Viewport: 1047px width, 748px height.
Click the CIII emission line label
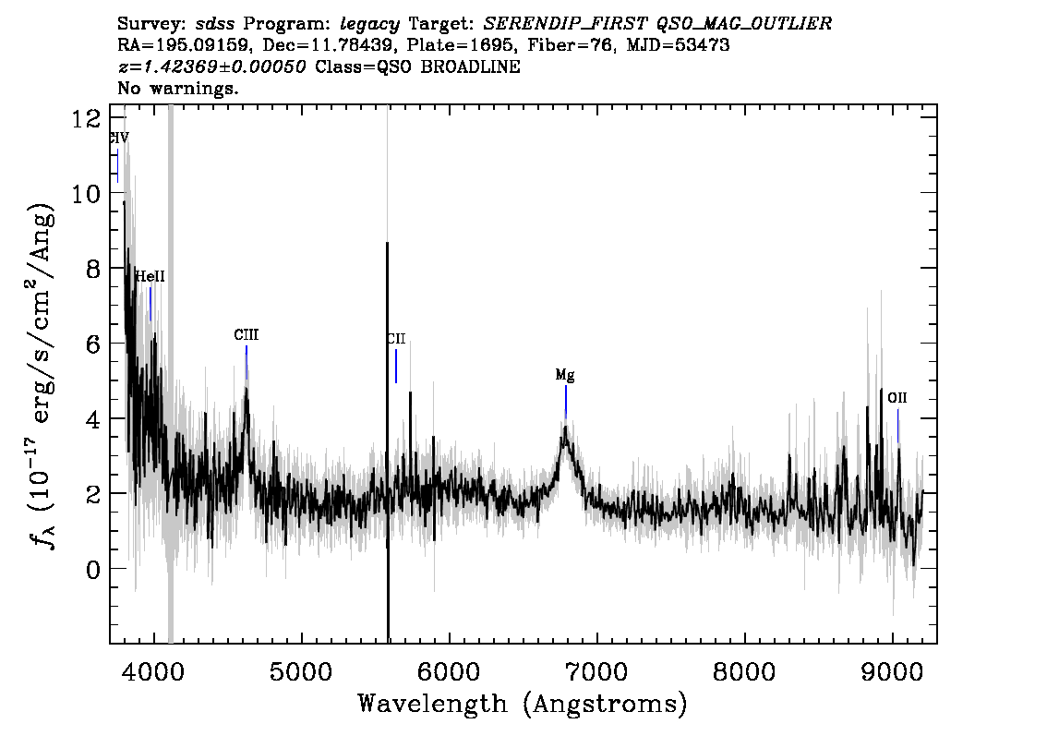pos(246,334)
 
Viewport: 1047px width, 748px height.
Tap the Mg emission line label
pos(565,375)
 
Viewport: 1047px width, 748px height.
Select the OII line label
pos(897,397)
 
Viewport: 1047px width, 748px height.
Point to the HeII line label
pos(150,276)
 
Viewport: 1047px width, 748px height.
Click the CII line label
pos(396,339)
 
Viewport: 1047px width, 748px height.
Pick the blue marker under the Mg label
pos(566,402)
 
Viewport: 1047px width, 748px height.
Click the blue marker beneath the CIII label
pos(247,362)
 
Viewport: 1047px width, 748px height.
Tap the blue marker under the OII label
pos(897,426)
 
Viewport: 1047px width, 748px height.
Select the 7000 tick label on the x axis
pos(596,671)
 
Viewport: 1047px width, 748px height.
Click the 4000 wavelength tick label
pos(154,671)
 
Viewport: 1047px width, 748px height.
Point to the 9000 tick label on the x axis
pos(891,671)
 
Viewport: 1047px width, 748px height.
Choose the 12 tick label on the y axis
pos(86,119)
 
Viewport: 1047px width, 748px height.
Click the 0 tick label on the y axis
pos(93,569)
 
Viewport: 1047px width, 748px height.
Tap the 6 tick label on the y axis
pos(93,344)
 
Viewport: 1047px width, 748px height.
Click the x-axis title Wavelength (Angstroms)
pos(523,704)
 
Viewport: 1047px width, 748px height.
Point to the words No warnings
pos(177,88)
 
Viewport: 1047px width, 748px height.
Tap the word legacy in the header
pos(370,24)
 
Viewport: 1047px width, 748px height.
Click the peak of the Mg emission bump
pos(566,428)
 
